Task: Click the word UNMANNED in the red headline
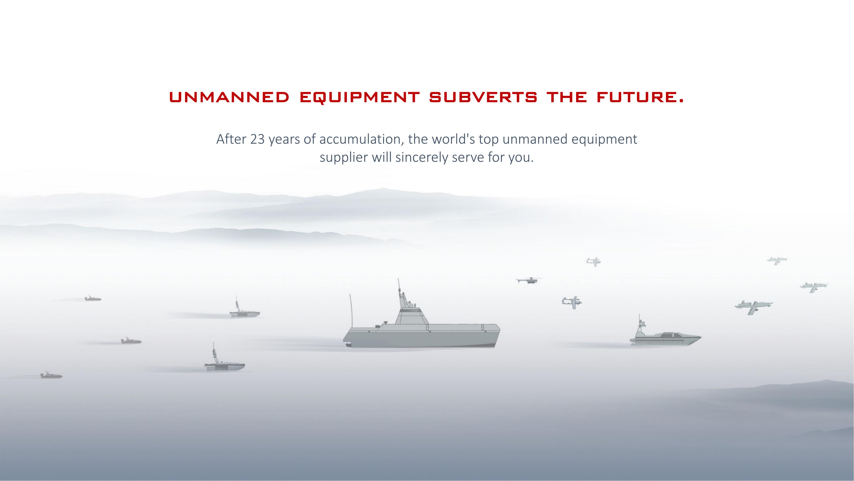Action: (x=229, y=97)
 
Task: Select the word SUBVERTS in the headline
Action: (x=483, y=97)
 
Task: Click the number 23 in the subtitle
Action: (x=258, y=139)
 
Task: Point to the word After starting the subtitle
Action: (x=231, y=139)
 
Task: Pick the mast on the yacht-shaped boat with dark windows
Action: (x=640, y=322)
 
